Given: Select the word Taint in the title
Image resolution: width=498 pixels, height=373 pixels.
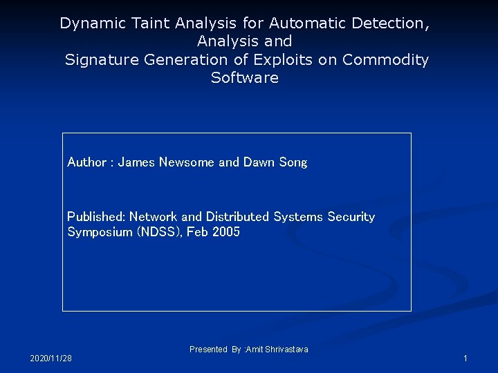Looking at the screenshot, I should tap(147, 23).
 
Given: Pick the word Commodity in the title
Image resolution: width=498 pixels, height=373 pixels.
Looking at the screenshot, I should tap(386, 60).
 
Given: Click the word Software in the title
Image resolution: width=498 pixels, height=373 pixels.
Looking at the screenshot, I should tap(245, 78).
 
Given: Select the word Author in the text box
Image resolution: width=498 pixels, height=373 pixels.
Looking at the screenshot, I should tap(86, 162).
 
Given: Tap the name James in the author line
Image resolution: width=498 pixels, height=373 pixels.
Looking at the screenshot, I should tap(137, 162).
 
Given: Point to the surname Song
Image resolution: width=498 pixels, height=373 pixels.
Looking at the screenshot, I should tap(293, 162).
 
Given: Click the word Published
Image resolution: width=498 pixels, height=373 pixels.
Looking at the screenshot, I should tap(96, 217).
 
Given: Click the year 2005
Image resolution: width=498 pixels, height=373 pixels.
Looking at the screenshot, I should tap(226, 232).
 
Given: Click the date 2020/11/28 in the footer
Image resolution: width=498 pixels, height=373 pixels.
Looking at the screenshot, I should tap(51, 358).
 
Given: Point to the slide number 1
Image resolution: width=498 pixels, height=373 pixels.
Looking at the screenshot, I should tap(465, 358).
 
